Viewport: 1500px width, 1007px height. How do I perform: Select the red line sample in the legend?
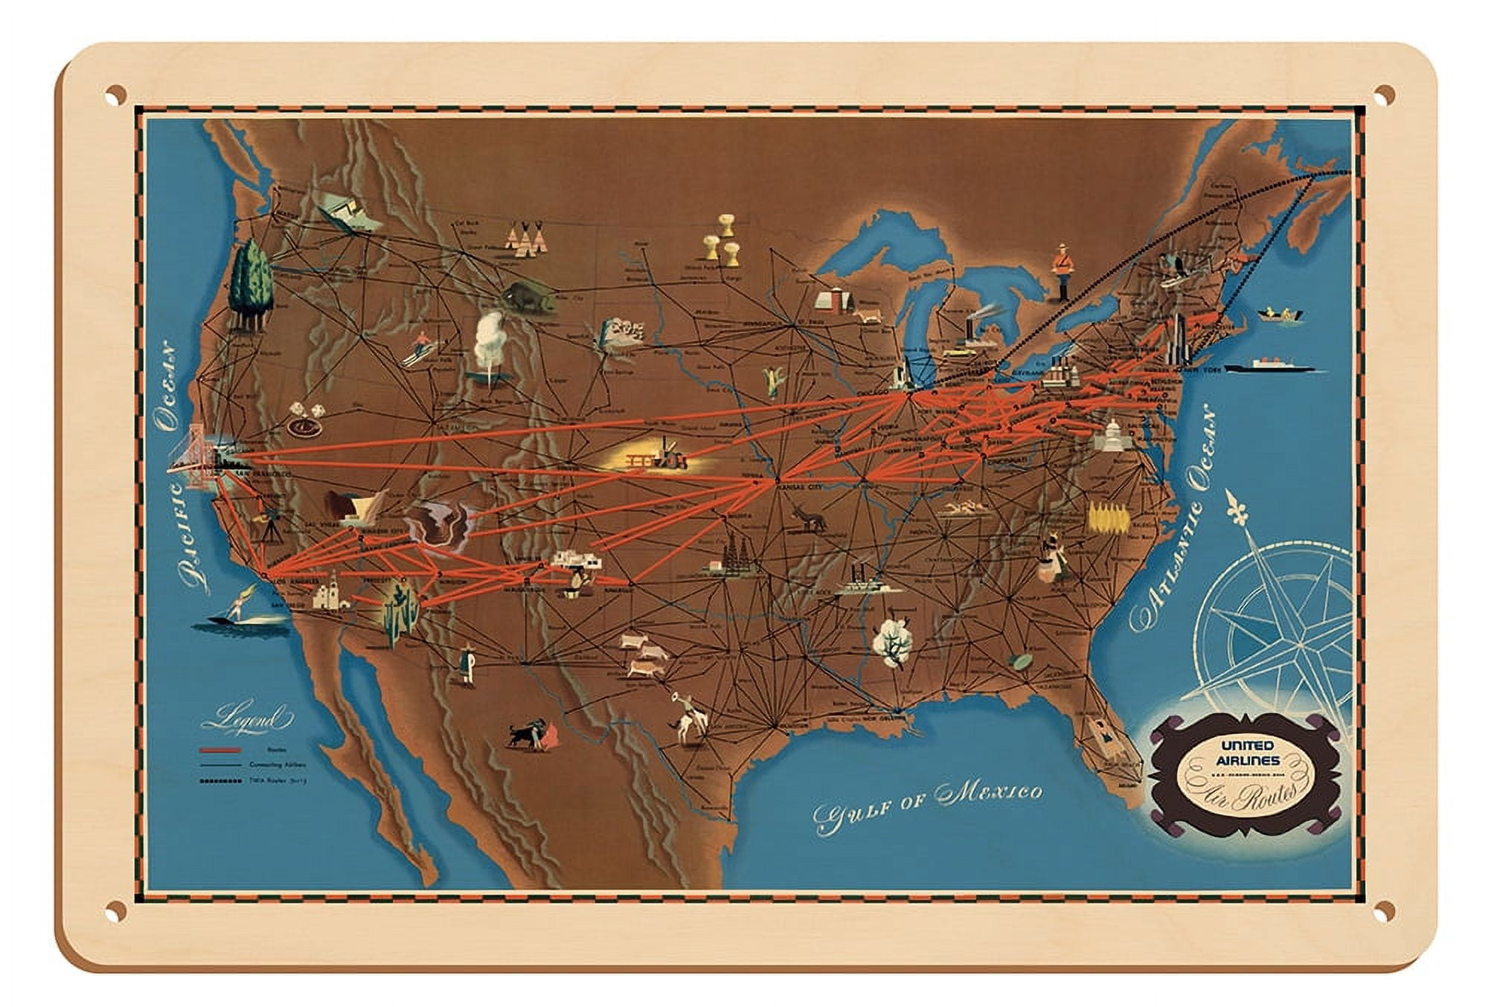(220, 751)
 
